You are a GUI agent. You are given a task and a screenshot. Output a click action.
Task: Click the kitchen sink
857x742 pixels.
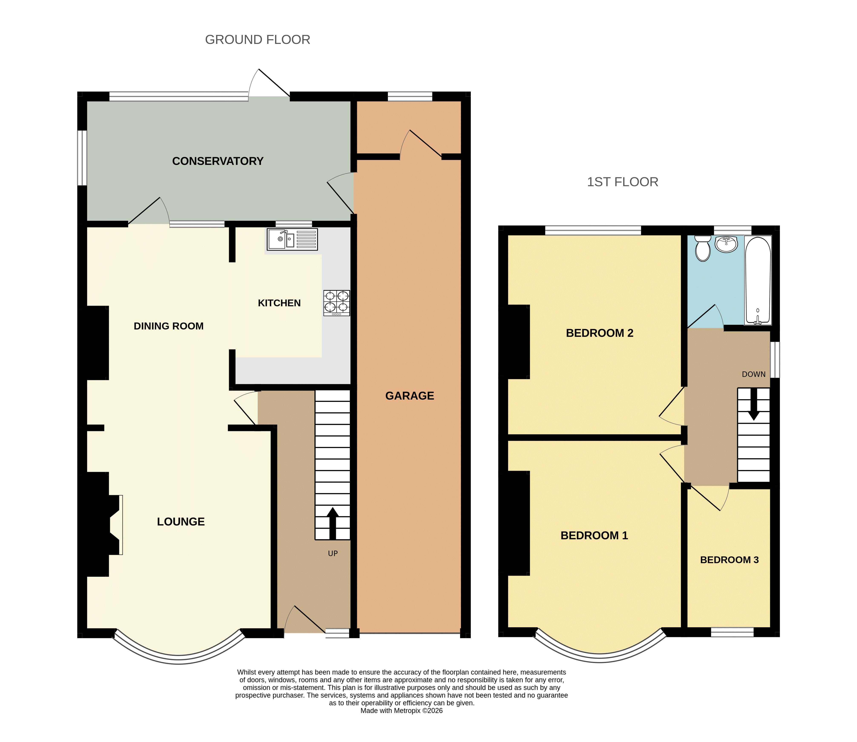(x=292, y=239)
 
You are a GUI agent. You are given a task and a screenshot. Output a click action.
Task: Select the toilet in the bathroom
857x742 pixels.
(x=703, y=249)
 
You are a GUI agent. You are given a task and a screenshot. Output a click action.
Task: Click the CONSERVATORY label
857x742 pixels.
(x=218, y=161)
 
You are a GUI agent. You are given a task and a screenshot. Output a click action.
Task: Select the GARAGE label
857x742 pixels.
(x=410, y=396)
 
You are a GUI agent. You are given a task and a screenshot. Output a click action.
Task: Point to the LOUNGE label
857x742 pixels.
(x=181, y=522)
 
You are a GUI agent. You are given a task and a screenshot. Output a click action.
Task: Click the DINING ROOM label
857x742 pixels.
(x=169, y=326)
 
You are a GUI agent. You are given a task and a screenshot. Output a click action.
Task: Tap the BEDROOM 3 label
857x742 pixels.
(x=730, y=560)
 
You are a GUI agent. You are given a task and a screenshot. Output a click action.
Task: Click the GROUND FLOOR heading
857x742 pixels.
(x=258, y=40)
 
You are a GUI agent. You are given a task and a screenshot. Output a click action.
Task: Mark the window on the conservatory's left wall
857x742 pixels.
(x=83, y=158)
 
